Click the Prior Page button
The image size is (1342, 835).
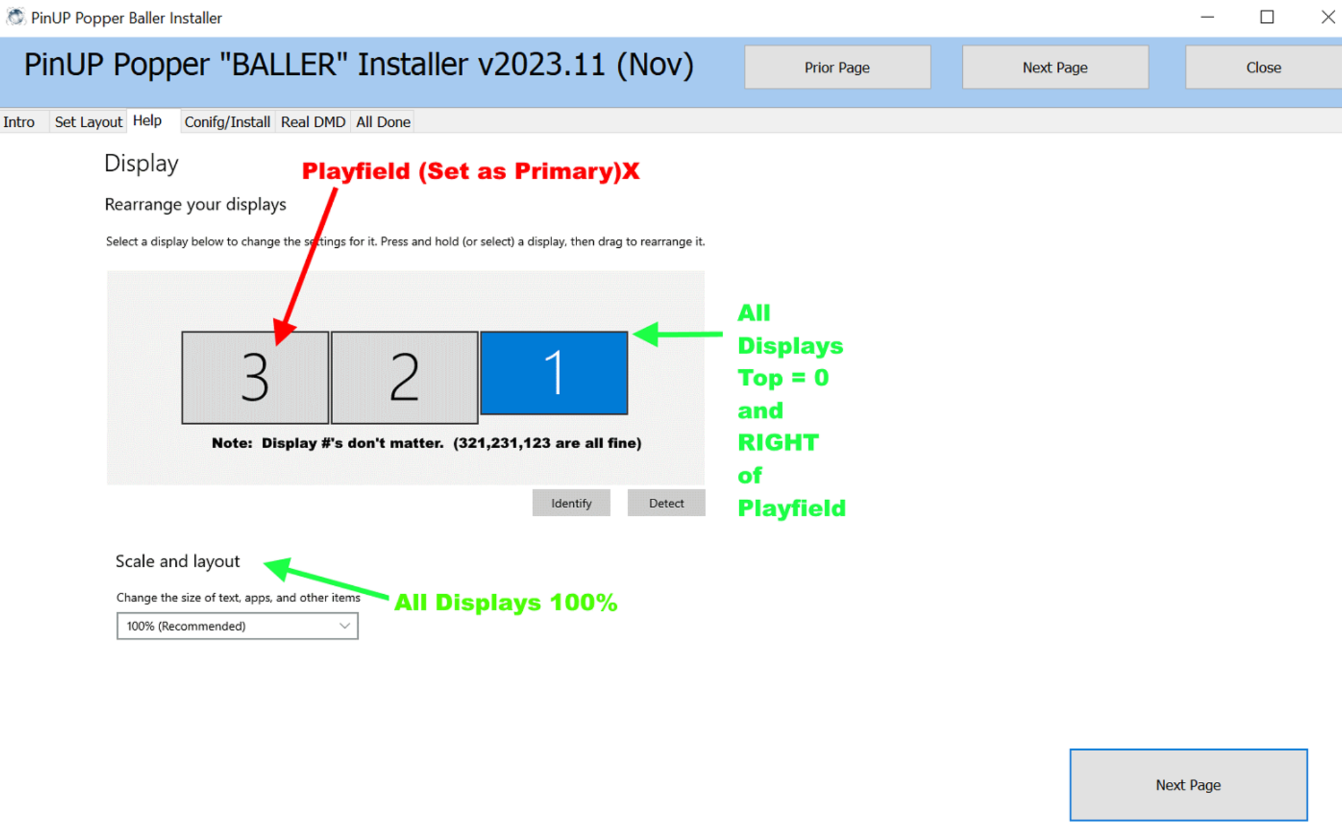(x=837, y=67)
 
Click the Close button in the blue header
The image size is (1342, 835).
(x=1263, y=67)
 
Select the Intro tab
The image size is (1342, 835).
(x=19, y=122)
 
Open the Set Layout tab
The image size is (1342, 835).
(x=88, y=122)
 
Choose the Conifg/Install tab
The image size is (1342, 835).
(x=227, y=122)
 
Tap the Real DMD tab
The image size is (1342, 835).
(x=313, y=122)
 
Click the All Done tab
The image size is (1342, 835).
(x=383, y=122)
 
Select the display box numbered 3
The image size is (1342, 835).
(x=255, y=377)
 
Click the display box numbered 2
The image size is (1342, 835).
(x=404, y=377)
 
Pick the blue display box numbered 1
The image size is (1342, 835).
(x=554, y=373)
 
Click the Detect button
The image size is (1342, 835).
(x=666, y=503)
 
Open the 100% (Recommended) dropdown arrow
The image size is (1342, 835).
(x=345, y=626)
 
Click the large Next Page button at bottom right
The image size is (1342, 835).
(x=1188, y=784)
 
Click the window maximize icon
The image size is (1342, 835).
(x=1266, y=17)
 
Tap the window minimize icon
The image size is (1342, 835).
(x=1207, y=17)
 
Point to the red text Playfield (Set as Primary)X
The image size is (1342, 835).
(x=471, y=171)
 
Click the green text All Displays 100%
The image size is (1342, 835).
(x=505, y=602)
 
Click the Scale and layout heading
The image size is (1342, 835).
(x=177, y=561)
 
